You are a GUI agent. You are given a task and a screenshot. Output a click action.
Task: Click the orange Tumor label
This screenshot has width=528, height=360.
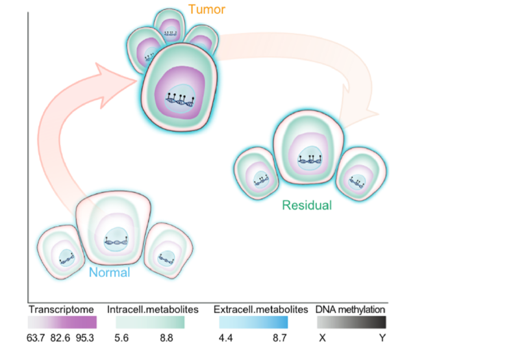207,9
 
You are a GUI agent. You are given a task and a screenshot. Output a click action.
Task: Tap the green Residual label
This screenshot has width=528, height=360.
307,205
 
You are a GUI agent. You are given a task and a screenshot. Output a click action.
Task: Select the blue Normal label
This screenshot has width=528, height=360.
110,272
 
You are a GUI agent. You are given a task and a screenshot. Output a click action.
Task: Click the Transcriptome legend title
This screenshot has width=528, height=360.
61,309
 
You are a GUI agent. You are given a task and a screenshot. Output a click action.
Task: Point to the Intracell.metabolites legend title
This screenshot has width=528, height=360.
153,309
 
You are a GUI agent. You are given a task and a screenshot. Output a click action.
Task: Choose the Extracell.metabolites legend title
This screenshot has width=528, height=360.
260,309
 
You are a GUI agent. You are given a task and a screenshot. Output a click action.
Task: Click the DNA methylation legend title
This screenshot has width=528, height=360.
350,309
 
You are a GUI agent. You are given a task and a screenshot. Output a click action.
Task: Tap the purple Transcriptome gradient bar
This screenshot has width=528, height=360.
62,322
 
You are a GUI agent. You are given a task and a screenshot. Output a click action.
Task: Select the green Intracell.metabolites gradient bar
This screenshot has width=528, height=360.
150,322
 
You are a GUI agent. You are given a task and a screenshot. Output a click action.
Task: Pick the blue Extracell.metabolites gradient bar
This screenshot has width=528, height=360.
253,322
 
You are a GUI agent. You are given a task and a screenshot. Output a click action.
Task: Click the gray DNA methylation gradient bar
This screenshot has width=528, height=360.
351,322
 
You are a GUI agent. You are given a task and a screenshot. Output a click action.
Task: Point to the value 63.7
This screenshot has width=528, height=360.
36,338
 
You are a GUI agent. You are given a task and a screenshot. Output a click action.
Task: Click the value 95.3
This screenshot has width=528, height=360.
85,338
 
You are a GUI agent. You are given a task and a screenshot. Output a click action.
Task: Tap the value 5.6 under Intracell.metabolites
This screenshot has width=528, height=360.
121,338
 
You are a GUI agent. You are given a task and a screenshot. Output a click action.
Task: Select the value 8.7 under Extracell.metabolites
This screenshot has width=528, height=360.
279,338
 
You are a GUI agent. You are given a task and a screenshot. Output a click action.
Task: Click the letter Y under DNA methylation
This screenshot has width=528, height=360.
382,338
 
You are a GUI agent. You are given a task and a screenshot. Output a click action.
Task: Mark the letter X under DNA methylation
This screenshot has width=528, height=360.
322,338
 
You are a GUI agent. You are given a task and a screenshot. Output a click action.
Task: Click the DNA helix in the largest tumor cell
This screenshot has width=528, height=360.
180,99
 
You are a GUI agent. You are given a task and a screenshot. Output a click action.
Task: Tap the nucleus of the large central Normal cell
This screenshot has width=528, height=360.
116,239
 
